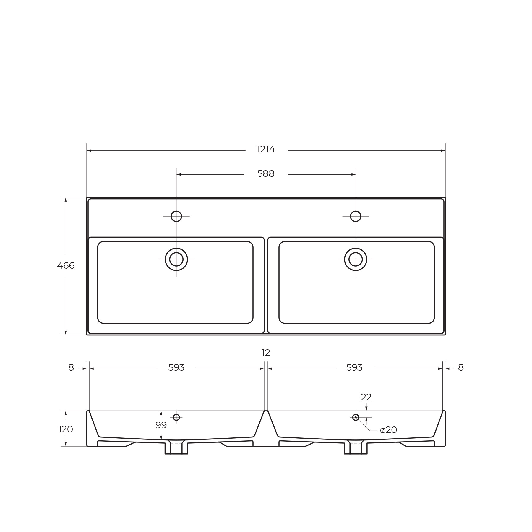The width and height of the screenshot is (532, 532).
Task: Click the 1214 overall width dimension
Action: [266, 150]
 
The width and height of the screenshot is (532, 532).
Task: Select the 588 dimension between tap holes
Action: [266, 174]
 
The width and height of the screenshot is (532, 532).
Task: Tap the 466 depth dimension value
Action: [66, 266]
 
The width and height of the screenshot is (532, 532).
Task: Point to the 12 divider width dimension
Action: [266, 353]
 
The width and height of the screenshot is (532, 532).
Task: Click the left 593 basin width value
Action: [176, 368]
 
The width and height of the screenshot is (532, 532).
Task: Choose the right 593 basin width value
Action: [354, 368]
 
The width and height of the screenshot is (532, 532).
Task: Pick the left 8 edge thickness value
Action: [71, 368]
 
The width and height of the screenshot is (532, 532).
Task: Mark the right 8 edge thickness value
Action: [461, 368]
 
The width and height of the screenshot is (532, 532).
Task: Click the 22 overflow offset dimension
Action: [366, 397]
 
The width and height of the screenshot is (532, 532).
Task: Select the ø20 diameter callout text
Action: [388, 430]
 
